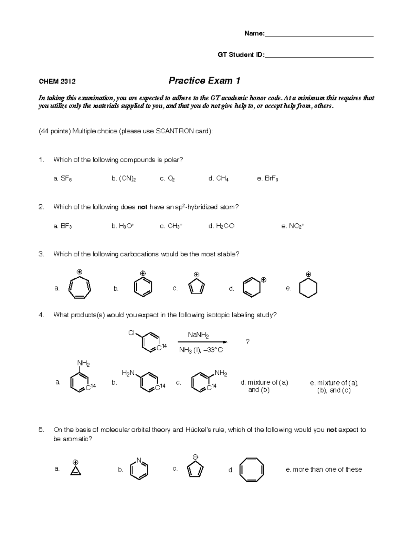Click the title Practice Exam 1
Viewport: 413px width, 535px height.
point(204,81)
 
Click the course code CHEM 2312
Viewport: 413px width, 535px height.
point(57,82)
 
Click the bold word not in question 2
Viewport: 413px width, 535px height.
point(142,207)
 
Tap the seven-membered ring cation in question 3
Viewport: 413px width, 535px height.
point(80,287)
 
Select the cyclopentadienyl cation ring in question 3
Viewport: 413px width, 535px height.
point(197,287)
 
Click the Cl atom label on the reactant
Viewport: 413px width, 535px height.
point(131,333)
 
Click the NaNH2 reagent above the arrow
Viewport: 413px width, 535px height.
point(198,335)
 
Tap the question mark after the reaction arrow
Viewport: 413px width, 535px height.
point(247,341)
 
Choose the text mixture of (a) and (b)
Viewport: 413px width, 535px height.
point(264,386)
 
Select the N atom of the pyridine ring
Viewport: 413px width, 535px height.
point(139,460)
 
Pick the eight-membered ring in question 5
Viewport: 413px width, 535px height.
point(252,470)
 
